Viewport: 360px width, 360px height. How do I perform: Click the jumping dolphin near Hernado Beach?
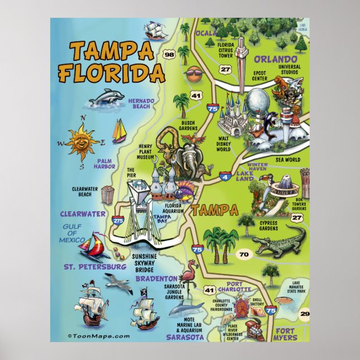click(x=107, y=98)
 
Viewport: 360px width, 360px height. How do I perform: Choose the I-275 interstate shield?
click(x=119, y=221)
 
